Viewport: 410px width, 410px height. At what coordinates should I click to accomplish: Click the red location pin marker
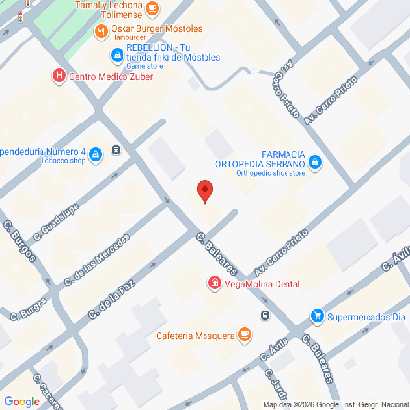(205, 192)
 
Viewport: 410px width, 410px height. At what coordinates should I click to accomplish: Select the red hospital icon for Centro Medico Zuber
(60, 75)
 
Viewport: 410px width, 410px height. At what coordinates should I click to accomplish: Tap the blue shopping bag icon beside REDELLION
(117, 54)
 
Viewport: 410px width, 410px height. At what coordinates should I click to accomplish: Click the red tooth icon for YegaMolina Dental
(213, 285)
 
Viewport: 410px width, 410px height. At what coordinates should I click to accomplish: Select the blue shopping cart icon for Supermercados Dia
(316, 316)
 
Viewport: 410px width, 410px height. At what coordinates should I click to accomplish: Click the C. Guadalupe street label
(55, 225)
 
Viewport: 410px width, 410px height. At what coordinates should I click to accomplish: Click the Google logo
(22, 400)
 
